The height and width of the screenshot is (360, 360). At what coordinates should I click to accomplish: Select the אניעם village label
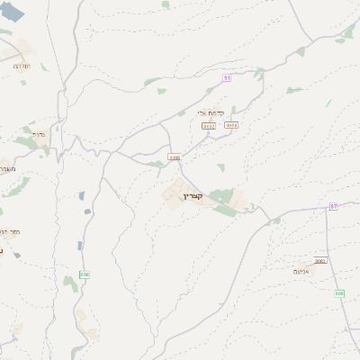click(x=302, y=270)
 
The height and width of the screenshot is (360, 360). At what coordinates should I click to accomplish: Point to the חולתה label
click(x=22, y=66)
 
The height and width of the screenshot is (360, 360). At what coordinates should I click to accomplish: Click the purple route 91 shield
click(x=228, y=78)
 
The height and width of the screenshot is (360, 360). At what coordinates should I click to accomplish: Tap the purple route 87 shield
click(x=333, y=206)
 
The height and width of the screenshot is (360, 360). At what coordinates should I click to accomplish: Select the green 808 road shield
click(x=339, y=293)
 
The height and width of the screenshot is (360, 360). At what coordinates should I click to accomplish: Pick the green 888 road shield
click(x=85, y=274)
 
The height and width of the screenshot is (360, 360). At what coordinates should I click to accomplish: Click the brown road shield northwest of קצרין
click(x=175, y=157)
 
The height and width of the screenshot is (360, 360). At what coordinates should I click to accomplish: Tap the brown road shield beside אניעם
click(x=320, y=261)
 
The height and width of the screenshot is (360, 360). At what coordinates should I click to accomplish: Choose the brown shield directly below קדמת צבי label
click(x=209, y=126)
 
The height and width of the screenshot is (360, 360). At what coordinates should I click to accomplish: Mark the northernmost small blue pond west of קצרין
click(x=81, y=195)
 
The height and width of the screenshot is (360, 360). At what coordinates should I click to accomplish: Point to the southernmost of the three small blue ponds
click(x=79, y=245)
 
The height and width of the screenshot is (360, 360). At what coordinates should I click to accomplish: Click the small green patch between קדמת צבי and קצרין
click(x=220, y=166)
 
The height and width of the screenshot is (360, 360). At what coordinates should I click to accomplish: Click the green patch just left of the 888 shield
click(x=70, y=283)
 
